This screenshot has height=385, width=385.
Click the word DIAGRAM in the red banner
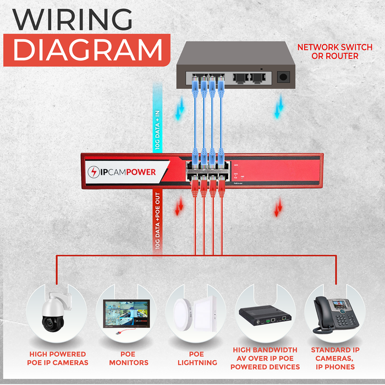click(87, 50)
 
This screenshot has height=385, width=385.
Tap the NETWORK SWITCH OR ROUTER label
click(328, 52)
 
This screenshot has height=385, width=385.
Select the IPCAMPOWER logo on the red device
click(122, 172)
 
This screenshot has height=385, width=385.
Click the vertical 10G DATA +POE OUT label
click(157, 221)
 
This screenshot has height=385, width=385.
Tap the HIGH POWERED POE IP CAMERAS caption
click(57, 358)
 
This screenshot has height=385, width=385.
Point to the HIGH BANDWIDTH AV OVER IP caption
click(266, 358)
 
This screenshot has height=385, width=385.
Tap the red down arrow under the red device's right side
click(278, 207)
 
